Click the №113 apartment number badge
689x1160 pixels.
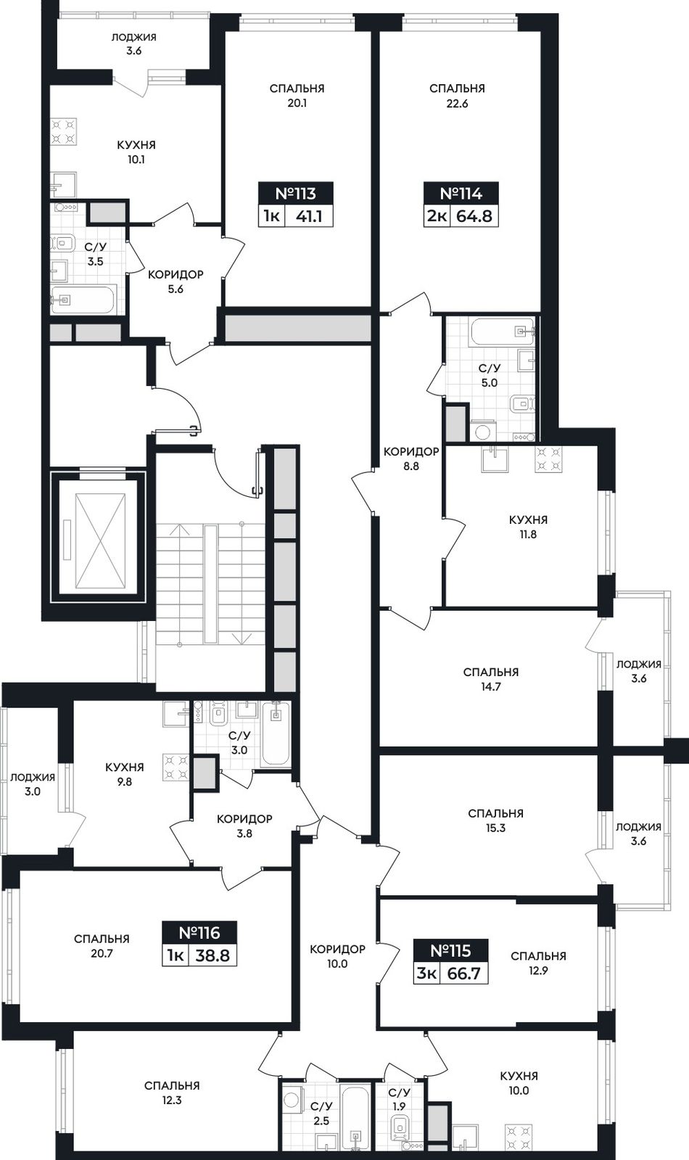[295, 194]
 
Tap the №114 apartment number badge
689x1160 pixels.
[461, 194]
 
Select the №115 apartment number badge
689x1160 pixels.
[451, 951]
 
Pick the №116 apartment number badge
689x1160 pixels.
[199, 933]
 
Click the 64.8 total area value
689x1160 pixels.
[474, 216]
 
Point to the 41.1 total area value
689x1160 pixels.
[308, 216]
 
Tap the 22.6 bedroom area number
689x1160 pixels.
[457, 104]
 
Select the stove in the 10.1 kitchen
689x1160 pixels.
[65, 132]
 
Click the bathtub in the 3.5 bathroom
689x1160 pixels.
[82, 300]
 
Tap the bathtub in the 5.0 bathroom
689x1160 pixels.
[501, 332]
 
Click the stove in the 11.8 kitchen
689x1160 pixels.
[549, 458]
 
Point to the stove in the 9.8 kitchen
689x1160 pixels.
[176, 767]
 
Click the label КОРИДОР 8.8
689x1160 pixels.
[411, 458]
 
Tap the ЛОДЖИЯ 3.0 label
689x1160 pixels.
[33, 784]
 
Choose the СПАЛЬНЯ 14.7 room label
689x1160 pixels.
[491, 680]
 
